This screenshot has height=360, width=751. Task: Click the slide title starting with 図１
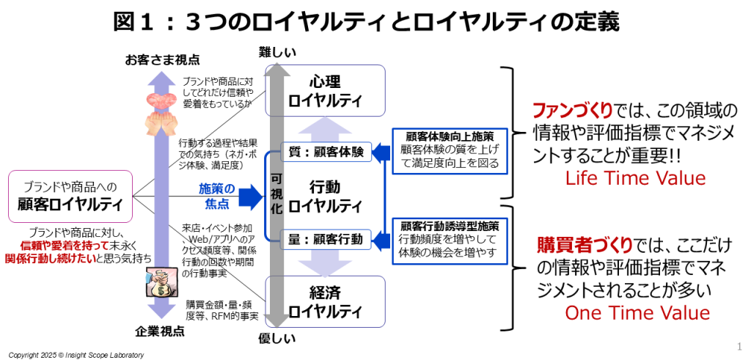pyautogui.click(x=367, y=21)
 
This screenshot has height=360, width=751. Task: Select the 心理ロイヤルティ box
pyautogui.click(x=325, y=90)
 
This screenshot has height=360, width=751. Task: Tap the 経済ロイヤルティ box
pyautogui.click(x=325, y=301)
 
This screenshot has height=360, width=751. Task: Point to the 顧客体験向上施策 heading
pyautogui.click(x=447, y=136)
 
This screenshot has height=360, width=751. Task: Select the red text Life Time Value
pyautogui.click(x=636, y=177)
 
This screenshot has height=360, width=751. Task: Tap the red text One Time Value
pyautogui.click(x=637, y=313)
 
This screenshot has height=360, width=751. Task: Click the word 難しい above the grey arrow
pyautogui.click(x=277, y=52)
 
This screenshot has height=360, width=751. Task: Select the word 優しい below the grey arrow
pyautogui.click(x=277, y=338)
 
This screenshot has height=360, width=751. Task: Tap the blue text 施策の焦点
pyautogui.click(x=217, y=194)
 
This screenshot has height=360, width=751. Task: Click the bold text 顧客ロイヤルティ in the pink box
pyautogui.click(x=70, y=203)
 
